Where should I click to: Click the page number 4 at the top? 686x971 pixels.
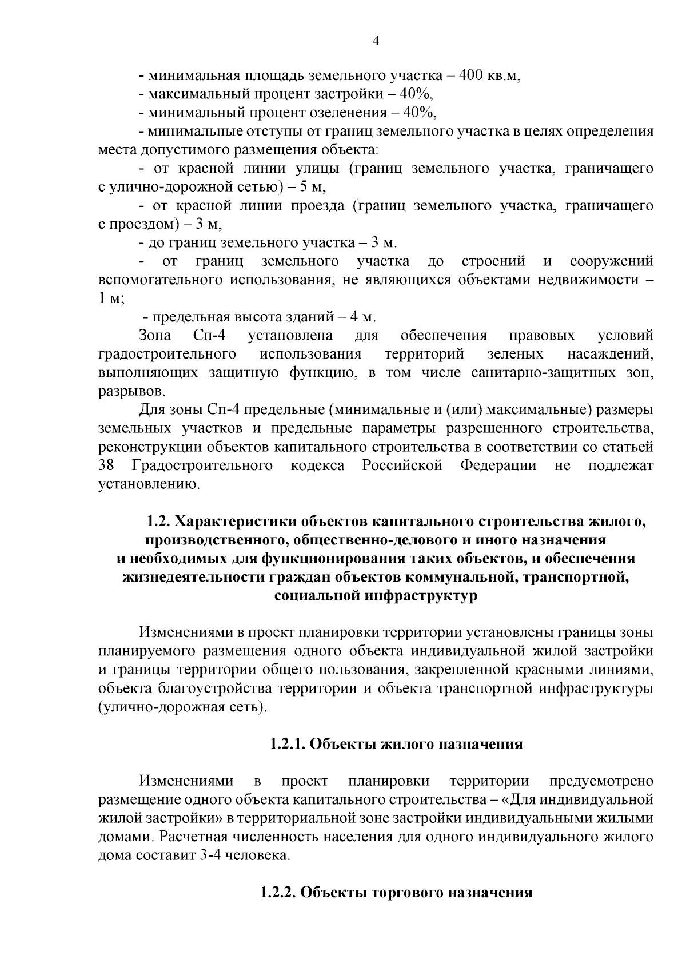(375, 41)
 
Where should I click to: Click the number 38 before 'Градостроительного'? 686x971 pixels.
(107, 465)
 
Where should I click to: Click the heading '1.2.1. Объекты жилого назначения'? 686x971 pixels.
(396, 744)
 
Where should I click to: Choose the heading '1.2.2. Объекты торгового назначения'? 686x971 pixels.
(396, 893)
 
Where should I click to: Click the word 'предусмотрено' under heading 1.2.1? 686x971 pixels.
(601, 781)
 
